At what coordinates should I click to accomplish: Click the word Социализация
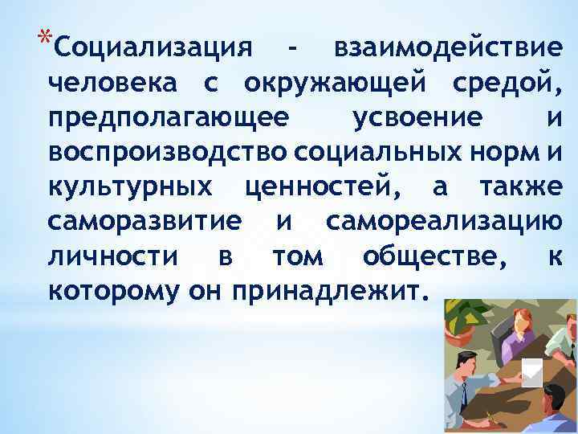[x=151, y=47]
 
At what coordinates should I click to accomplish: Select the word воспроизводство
[x=168, y=151]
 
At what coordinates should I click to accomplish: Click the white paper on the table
[x=531, y=371]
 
